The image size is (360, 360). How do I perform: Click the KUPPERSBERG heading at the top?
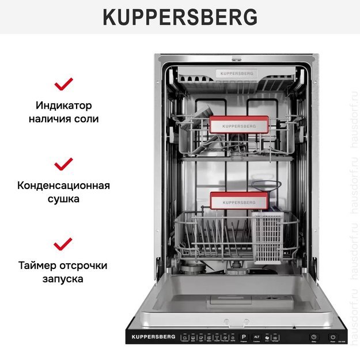point(180,17)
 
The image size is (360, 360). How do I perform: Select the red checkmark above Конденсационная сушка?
point(63,164)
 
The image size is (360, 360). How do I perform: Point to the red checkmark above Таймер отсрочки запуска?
point(63,244)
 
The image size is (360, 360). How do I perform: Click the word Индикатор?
point(63,106)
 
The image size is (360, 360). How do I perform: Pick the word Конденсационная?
point(63,185)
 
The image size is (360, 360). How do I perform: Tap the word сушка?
point(63,199)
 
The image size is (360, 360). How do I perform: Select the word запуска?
point(63,279)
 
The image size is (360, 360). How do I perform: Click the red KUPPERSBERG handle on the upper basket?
point(238,125)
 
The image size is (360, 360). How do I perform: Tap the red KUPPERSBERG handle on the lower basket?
point(238,202)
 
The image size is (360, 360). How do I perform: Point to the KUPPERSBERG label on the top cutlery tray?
point(237,74)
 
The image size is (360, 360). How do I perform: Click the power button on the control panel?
point(334,337)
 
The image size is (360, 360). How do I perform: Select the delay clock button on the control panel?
point(313,337)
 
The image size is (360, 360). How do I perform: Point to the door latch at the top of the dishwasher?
point(236,58)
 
